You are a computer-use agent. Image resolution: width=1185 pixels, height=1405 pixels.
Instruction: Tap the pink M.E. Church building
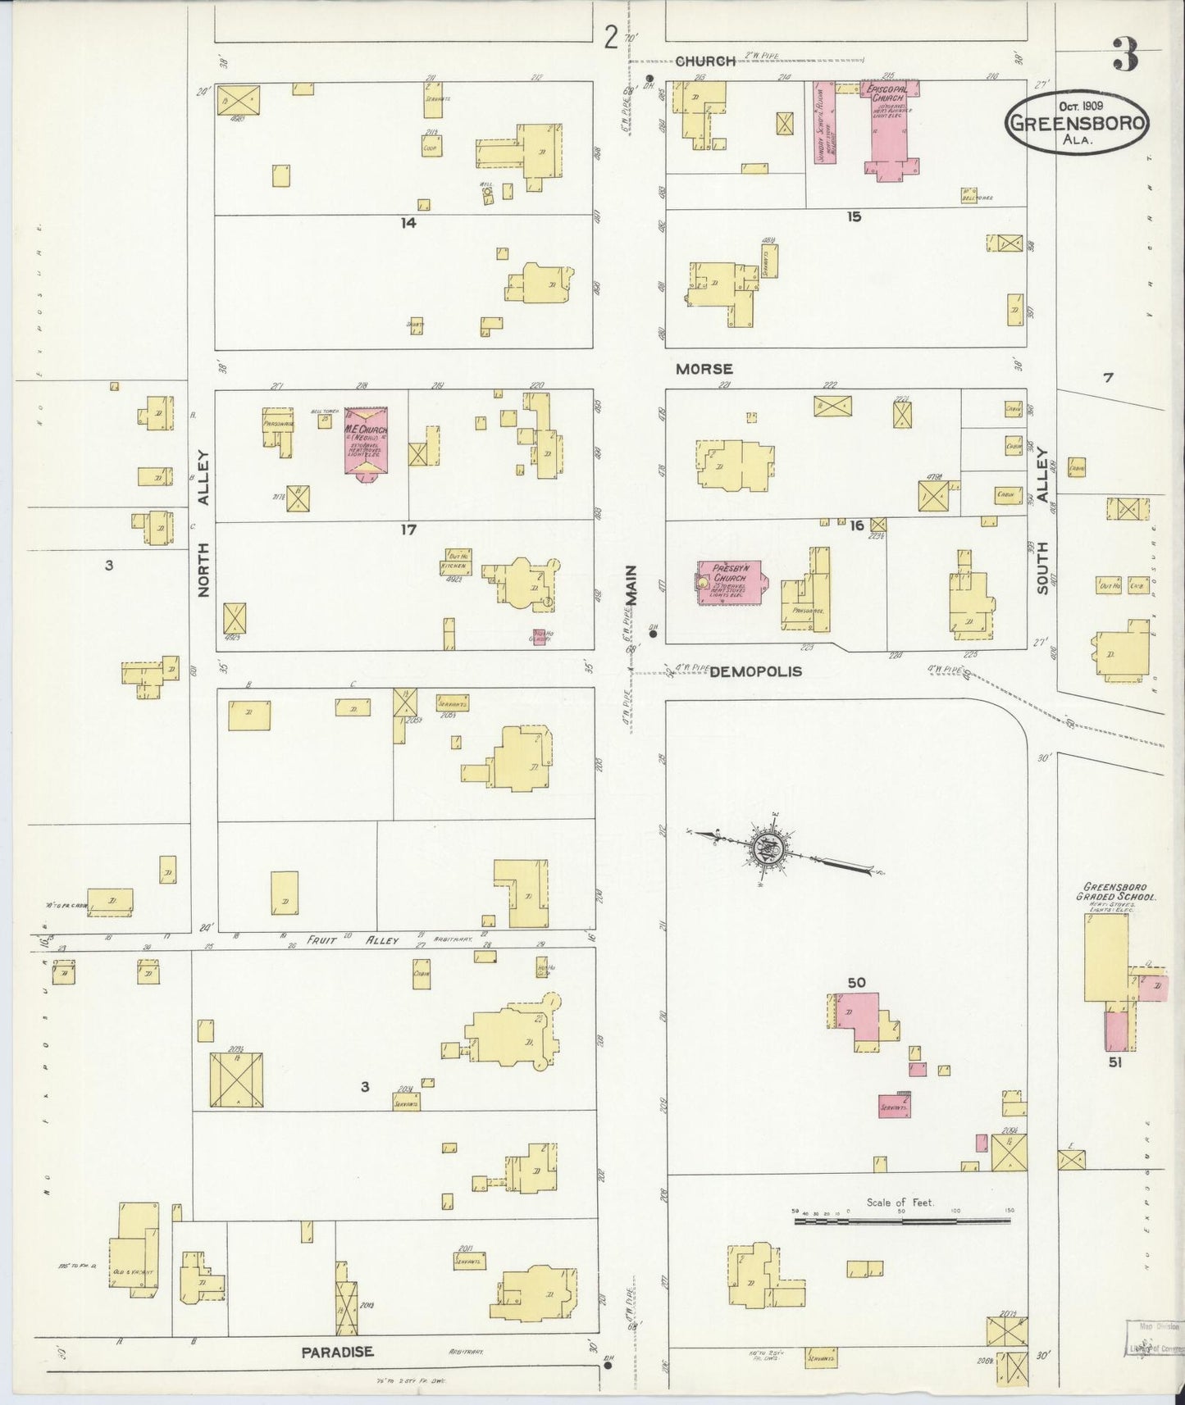click(x=365, y=440)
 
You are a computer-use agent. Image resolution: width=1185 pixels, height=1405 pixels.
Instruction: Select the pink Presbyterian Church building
click(x=729, y=583)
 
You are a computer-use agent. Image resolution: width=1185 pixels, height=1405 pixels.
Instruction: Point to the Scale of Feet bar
click(x=902, y=1221)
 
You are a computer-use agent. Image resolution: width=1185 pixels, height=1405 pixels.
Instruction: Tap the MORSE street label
click(x=704, y=370)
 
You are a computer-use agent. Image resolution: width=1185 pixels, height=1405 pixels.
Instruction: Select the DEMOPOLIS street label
click(x=755, y=671)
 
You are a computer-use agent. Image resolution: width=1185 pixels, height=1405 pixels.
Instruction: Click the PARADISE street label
click(x=337, y=1352)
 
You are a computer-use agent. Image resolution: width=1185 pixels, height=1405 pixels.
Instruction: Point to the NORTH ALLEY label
click(x=203, y=523)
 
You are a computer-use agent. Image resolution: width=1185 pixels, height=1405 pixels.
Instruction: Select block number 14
click(x=408, y=222)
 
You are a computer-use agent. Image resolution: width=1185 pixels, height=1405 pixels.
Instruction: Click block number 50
click(x=856, y=982)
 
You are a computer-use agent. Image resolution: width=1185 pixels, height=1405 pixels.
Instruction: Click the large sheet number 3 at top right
click(x=1126, y=56)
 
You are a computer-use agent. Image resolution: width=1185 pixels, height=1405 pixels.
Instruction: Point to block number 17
click(x=408, y=530)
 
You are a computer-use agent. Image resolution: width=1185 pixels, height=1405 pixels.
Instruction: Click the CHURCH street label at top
click(x=705, y=61)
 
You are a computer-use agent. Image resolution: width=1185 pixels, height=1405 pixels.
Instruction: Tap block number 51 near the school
click(x=1114, y=1062)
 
